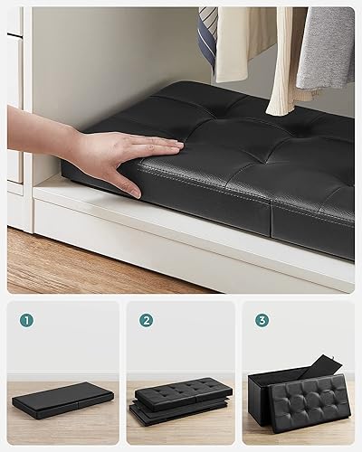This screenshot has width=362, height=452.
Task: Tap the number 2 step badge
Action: tap(146, 319)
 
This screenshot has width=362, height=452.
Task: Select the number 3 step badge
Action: tap(262, 319)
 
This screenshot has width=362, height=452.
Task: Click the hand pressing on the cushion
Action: tap(127, 152)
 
